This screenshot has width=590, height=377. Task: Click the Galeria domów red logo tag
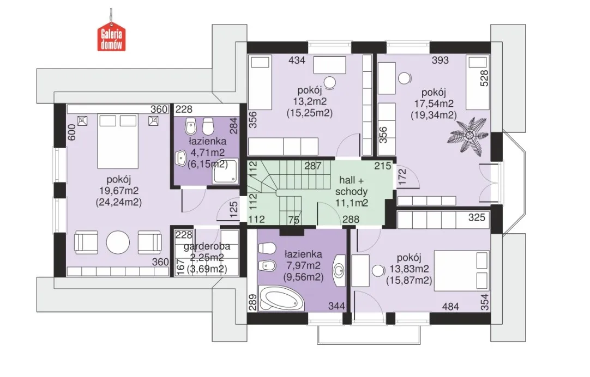point(111,38)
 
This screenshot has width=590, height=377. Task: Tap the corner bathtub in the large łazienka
point(281,298)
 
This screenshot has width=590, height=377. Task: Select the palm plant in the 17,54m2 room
point(468,136)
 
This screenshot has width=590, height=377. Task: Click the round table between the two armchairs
point(118,242)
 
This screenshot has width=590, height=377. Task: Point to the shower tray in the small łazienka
point(225,172)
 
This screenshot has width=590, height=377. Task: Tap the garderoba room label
point(207,247)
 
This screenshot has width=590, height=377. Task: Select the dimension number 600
point(72,132)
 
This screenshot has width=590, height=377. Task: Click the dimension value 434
point(297,60)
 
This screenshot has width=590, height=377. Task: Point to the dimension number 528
point(485,78)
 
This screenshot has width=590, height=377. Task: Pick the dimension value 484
point(450,307)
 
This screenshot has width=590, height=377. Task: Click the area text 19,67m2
point(118,191)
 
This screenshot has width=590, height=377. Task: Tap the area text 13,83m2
point(409,269)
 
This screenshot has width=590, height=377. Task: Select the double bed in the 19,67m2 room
point(118,141)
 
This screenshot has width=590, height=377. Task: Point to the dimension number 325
point(477,217)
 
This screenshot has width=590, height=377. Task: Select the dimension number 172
point(402,177)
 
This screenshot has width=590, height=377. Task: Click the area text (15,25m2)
point(309,113)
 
